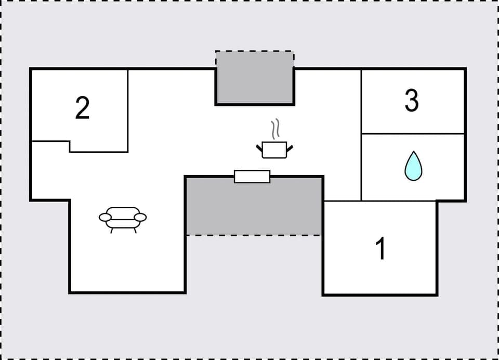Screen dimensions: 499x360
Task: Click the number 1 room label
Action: (x=381, y=248)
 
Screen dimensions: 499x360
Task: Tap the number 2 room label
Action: (x=82, y=108)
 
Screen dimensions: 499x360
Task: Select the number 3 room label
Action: (x=412, y=101)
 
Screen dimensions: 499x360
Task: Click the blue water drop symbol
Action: (x=413, y=166)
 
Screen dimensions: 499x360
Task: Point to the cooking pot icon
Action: (x=274, y=149)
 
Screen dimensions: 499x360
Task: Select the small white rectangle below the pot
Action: (x=252, y=177)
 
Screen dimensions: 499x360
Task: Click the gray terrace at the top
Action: (x=255, y=78)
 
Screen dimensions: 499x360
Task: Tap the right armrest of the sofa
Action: (x=140, y=217)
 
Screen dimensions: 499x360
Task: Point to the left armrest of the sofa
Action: (x=105, y=217)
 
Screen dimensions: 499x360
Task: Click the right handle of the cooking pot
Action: (x=290, y=149)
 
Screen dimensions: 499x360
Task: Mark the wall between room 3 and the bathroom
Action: (x=413, y=134)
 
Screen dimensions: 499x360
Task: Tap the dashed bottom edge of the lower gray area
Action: (x=254, y=235)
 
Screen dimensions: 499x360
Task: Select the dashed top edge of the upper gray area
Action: (x=255, y=51)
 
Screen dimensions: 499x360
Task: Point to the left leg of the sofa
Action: (x=112, y=230)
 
